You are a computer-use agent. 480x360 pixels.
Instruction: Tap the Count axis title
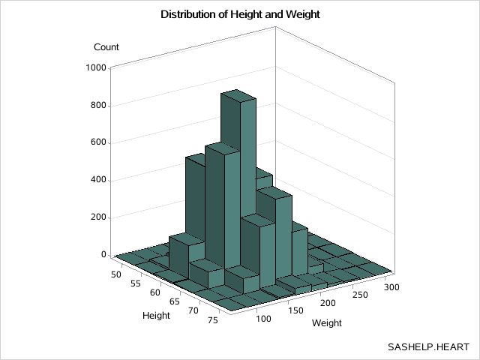pos(106,47)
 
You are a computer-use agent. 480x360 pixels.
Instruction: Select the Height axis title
pos(156,316)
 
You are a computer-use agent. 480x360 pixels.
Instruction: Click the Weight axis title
pos(327,324)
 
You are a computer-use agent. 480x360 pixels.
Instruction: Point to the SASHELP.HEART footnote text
pos(428,347)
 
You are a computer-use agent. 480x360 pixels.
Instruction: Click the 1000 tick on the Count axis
pos(97,68)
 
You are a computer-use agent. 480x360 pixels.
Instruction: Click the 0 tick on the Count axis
pos(105,255)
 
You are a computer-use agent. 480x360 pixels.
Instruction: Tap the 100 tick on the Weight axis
pos(263,319)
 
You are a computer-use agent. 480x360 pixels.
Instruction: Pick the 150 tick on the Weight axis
pos(295,310)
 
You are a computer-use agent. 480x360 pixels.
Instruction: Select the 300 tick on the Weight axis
pos(388,286)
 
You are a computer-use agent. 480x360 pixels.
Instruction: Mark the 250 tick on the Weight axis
pos(358,294)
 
